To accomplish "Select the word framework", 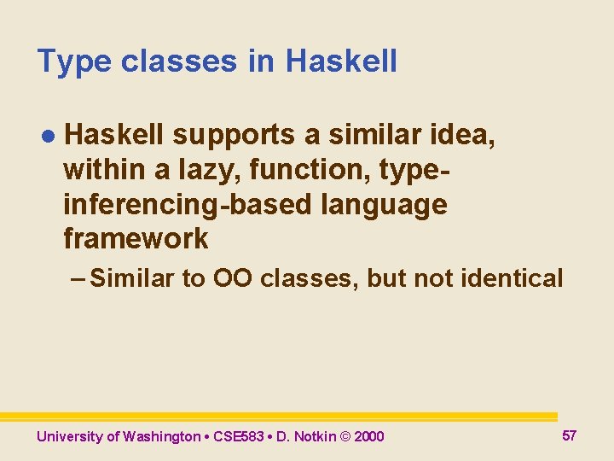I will pyautogui.click(x=136, y=239).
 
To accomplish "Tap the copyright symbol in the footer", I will pyautogui.click(x=345, y=436).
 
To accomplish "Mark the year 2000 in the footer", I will pyautogui.click(x=369, y=436).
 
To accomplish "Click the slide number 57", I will pyautogui.click(x=570, y=435).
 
